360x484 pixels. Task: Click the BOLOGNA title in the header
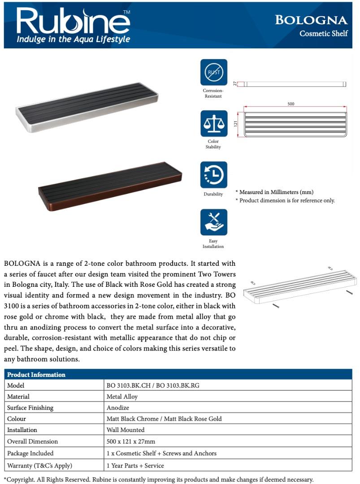pos(311,20)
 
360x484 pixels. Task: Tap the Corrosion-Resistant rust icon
pos(213,72)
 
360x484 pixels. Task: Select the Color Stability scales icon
pos(213,124)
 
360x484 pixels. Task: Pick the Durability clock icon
pos(213,175)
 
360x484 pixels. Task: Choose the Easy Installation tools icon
pos(213,222)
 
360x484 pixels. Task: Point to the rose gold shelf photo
pos(110,186)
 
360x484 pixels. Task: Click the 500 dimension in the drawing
pos(291,104)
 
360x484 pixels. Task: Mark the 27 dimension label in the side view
pos(235,84)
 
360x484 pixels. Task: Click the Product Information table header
pos(36,375)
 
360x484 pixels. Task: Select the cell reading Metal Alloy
pos(122,397)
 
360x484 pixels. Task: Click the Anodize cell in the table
pos(117,408)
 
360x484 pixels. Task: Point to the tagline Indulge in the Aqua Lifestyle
pos(73,39)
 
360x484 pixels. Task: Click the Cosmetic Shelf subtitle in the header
pos(323,34)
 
